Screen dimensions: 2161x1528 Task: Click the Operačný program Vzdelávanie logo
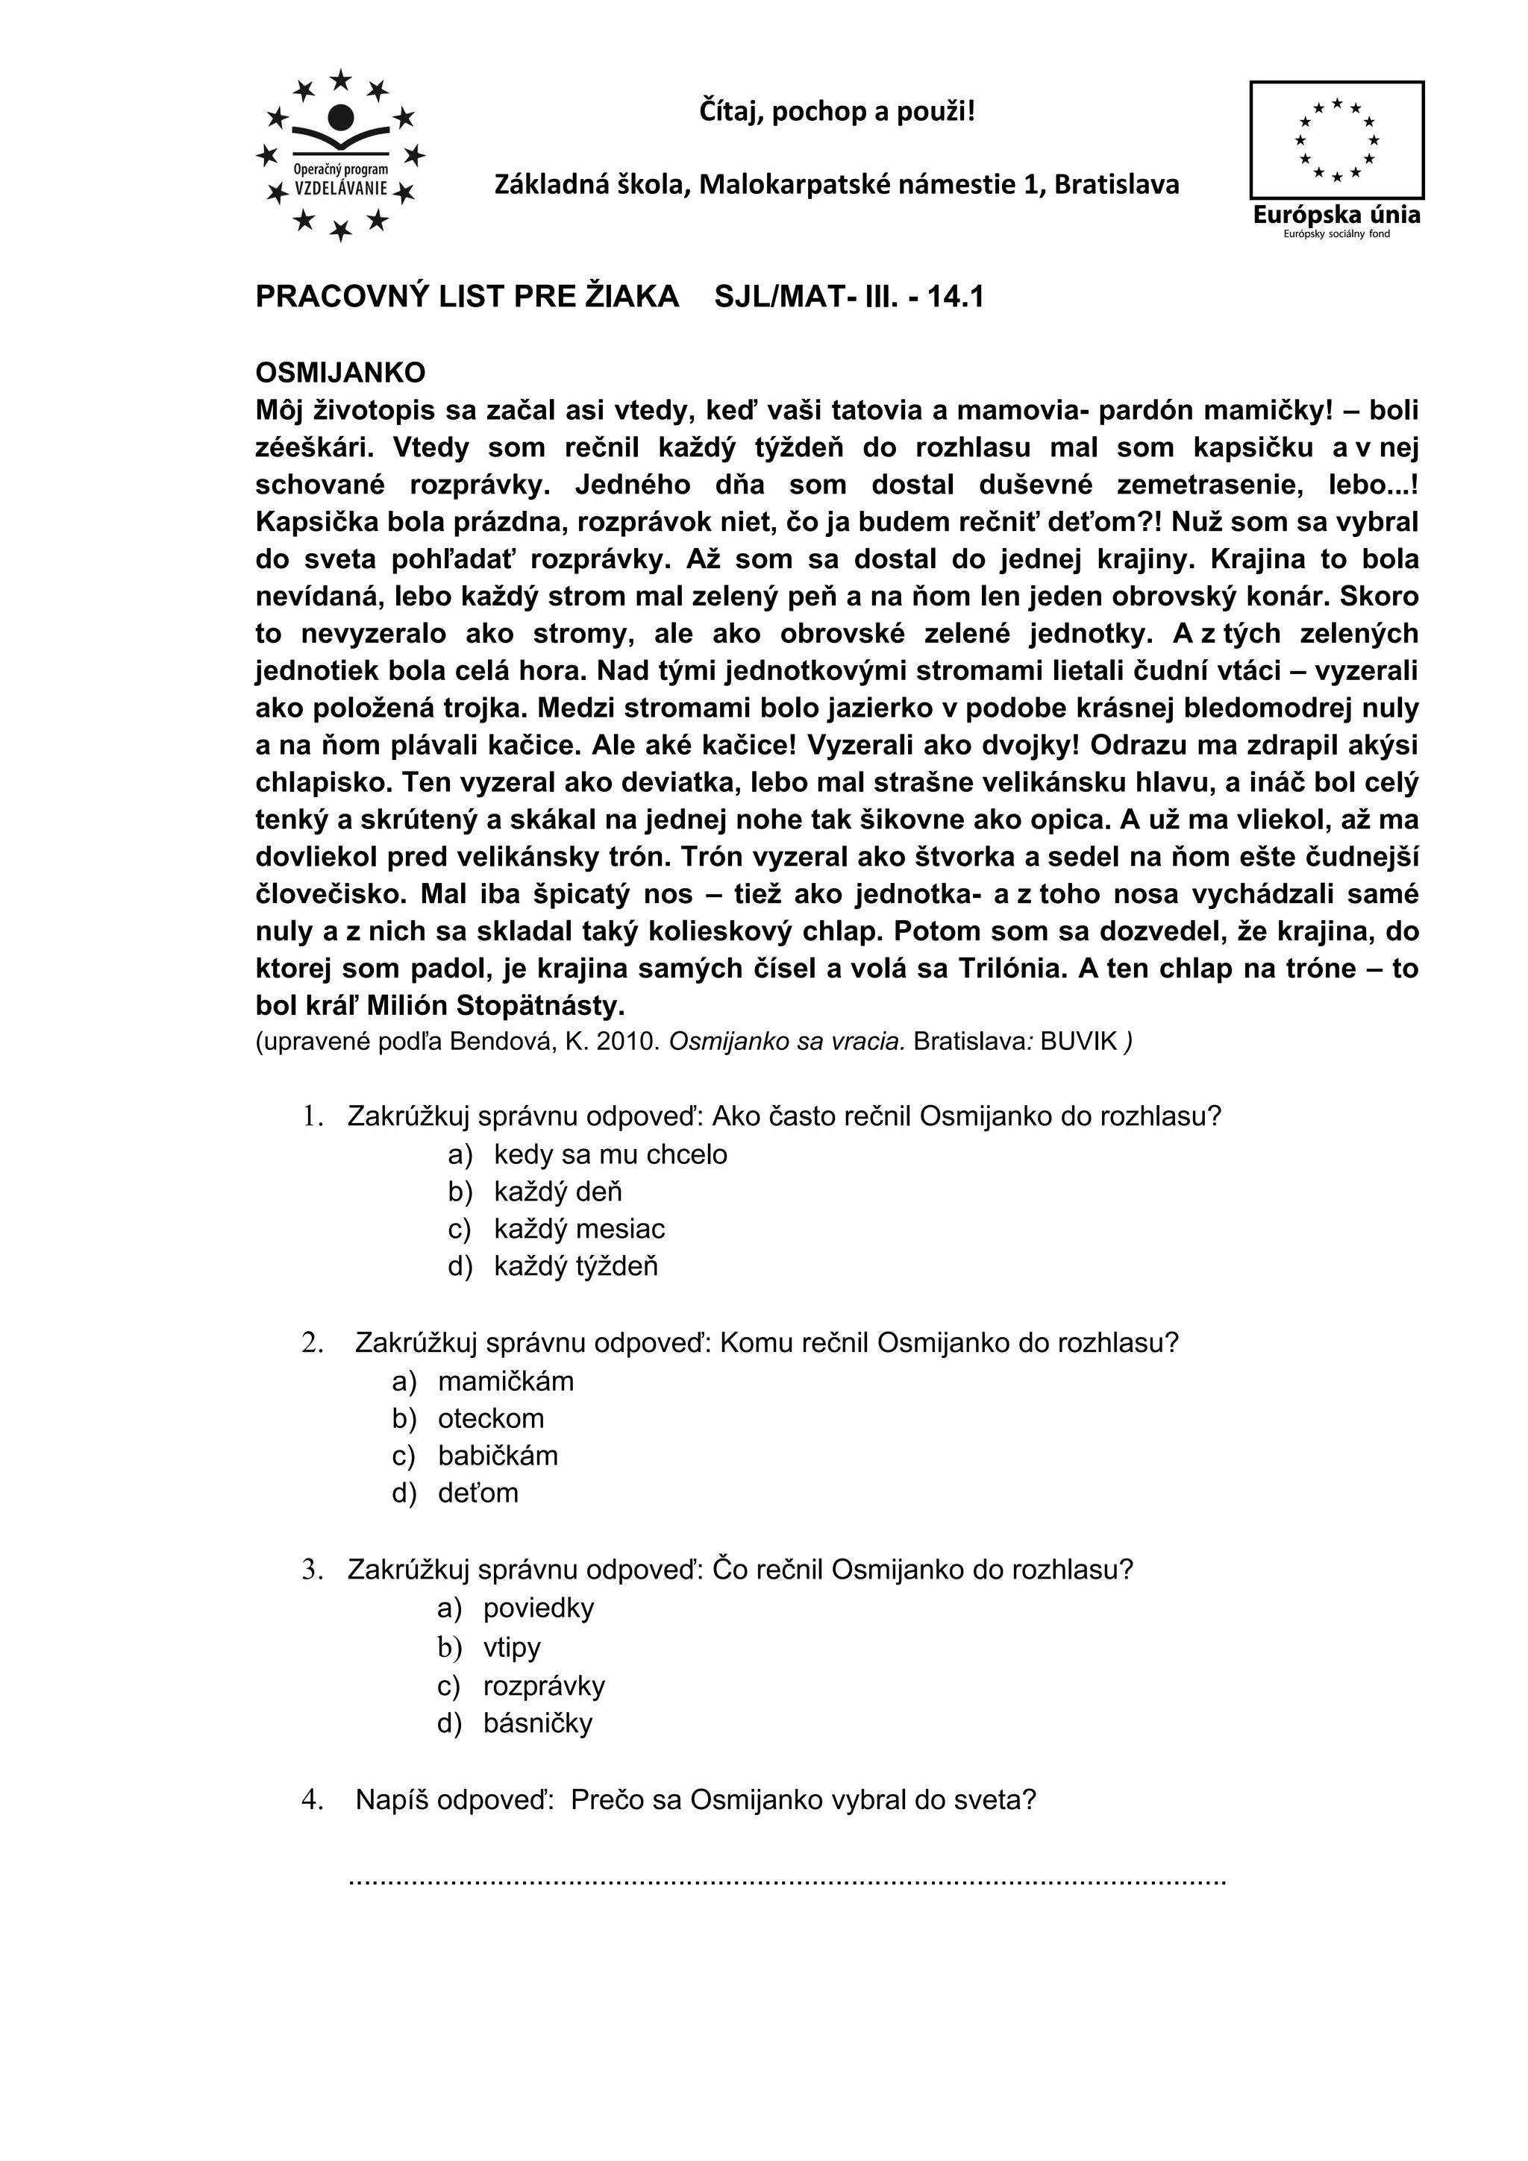(x=341, y=155)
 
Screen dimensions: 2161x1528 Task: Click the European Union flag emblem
(x=1336, y=139)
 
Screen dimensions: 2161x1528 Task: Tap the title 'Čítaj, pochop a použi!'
(x=837, y=112)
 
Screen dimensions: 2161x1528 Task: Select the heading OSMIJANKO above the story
(x=340, y=373)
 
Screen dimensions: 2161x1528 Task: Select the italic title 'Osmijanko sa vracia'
(x=787, y=1042)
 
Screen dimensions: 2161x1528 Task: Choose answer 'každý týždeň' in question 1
(x=575, y=1267)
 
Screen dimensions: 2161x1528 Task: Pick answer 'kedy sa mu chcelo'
(x=610, y=1155)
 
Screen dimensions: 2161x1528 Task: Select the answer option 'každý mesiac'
(x=579, y=1229)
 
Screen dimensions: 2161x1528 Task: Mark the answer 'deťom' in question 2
(x=477, y=1493)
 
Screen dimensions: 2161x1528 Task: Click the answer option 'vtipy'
(x=511, y=1648)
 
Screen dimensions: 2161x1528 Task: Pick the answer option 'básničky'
(x=538, y=1723)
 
